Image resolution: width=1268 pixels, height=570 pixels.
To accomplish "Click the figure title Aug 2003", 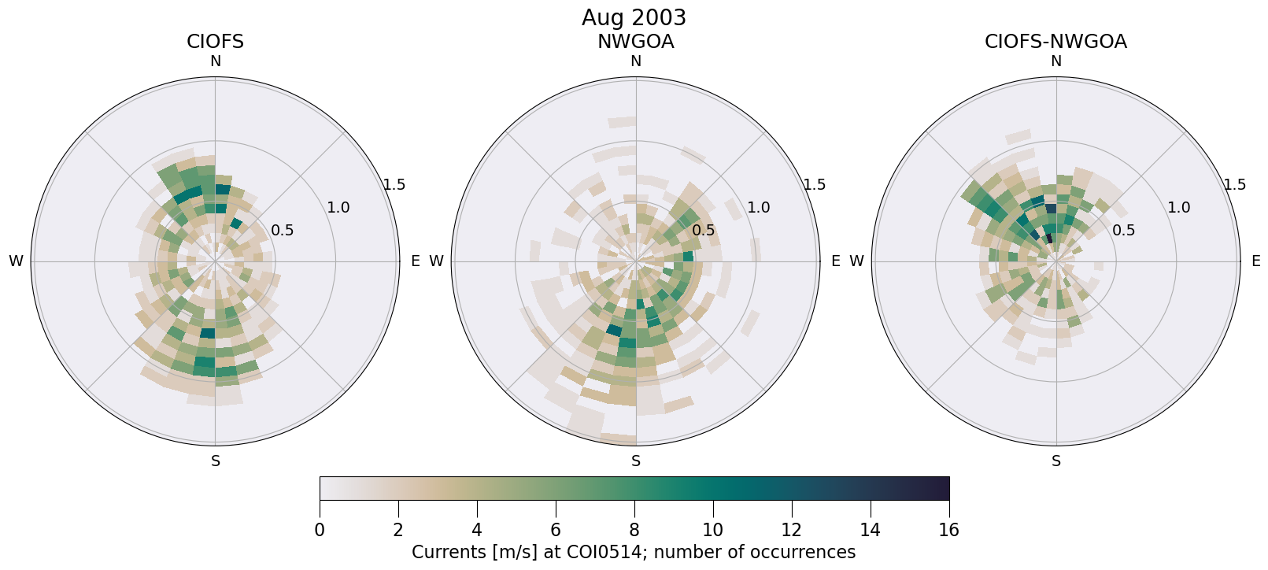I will (x=634, y=17).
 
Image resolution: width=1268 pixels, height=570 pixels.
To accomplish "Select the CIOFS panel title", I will (x=215, y=42).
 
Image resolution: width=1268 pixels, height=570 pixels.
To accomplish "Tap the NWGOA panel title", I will (x=635, y=42).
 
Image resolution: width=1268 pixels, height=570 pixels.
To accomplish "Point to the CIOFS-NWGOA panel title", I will (x=1055, y=42).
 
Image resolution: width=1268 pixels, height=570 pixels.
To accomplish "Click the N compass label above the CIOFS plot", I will (x=215, y=61).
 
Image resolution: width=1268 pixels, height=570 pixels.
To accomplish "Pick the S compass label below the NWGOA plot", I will (x=636, y=461).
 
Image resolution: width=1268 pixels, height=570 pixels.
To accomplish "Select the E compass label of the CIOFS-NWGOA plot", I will (x=1256, y=261).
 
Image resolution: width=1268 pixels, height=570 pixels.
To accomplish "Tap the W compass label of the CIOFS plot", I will (x=16, y=261).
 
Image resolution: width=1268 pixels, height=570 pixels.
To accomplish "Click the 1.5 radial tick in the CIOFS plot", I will (x=394, y=185).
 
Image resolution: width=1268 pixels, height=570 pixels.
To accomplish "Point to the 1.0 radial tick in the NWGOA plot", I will (x=759, y=208).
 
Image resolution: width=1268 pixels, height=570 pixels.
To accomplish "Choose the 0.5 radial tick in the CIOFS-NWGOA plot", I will (x=1124, y=231).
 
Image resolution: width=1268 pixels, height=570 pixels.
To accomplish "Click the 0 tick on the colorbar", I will (x=320, y=530).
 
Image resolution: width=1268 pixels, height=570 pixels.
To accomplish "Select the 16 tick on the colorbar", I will (x=948, y=530).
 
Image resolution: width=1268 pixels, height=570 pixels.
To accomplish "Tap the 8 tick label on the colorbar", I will (x=634, y=530).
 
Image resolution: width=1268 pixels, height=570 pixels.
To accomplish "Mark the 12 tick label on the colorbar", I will (x=791, y=530).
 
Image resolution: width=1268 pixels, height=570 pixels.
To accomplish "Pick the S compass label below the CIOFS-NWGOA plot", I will (x=1056, y=461).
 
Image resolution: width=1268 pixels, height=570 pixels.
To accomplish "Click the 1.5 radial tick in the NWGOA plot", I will (x=815, y=185).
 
